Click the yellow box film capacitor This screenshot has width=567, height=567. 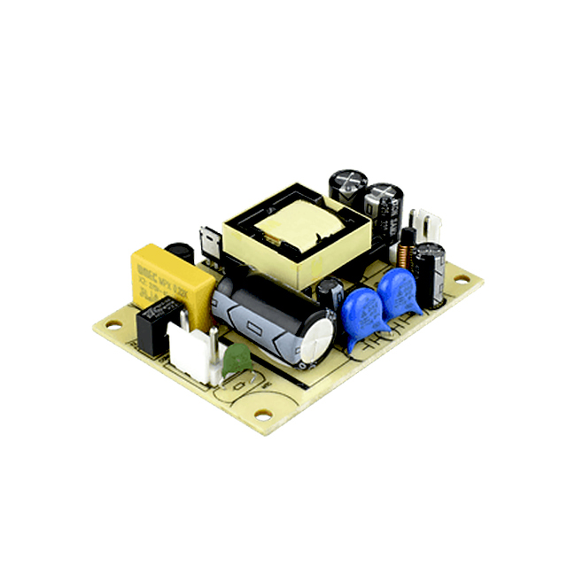tap(172, 276)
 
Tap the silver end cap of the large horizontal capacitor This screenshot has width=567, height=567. tap(317, 337)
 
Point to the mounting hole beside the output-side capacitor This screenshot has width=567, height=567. tap(461, 280)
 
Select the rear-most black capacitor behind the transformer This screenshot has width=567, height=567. tap(346, 185)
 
